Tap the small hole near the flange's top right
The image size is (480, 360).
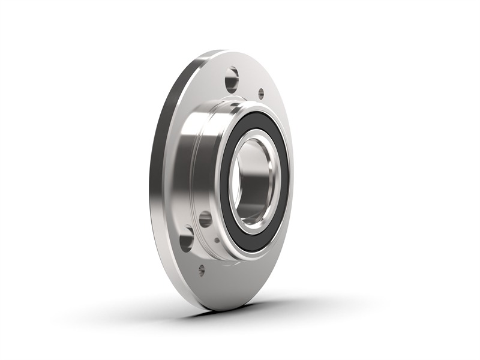click(x=261, y=94)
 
